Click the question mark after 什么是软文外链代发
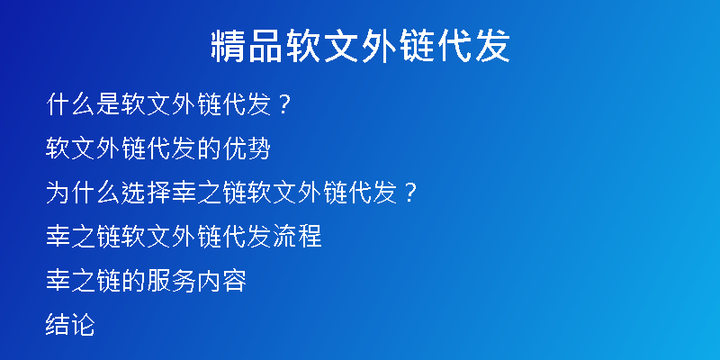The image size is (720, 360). (283, 104)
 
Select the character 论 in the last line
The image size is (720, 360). (83, 325)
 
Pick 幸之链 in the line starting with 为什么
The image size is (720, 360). (208, 193)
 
